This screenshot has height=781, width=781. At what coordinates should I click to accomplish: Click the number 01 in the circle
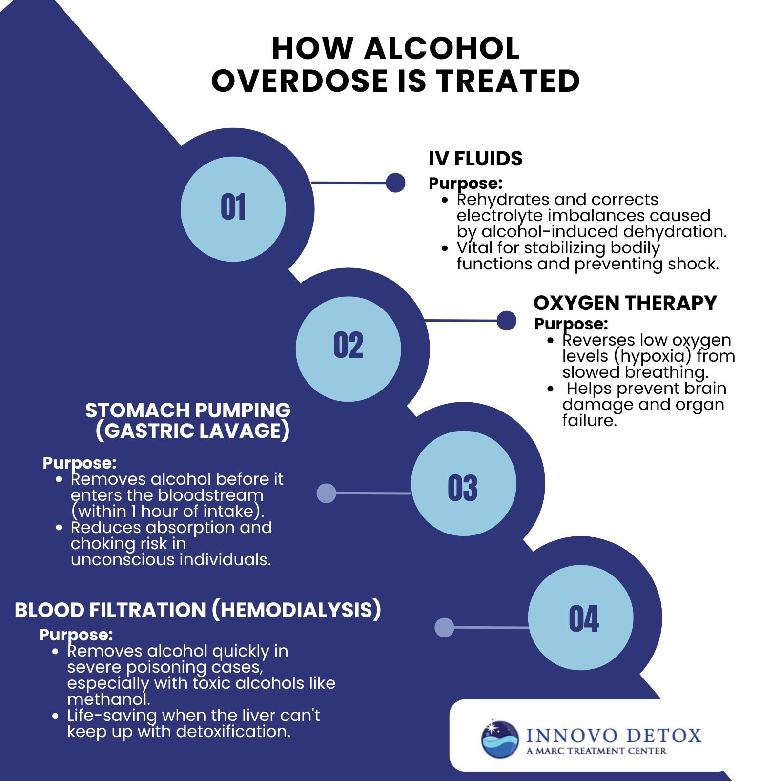click(x=233, y=207)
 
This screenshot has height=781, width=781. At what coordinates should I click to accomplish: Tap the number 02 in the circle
click(x=348, y=346)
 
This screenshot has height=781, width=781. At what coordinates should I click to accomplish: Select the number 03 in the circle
click(x=463, y=488)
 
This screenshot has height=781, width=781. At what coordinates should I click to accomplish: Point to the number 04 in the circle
click(x=584, y=619)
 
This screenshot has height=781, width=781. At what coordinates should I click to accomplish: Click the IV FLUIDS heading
click(x=475, y=159)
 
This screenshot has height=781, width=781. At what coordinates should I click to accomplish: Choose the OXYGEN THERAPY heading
click(x=625, y=303)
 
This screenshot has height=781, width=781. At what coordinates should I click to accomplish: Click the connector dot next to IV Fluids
click(x=395, y=183)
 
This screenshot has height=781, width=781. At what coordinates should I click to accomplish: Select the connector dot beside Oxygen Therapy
click(x=507, y=321)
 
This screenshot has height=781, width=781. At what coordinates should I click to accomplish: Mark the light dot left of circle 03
click(x=327, y=493)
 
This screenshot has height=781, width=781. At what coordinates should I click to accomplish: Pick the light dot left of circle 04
click(x=444, y=628)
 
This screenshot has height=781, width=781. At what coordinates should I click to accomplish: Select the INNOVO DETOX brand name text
click(x=613, y=736)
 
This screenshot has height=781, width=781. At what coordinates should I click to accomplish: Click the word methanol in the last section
click(x=108, y=699)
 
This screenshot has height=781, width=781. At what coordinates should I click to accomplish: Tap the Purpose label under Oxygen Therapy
click(x=571, y=324)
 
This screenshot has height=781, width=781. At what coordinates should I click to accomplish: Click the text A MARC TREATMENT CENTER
click(x=596, y=751)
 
